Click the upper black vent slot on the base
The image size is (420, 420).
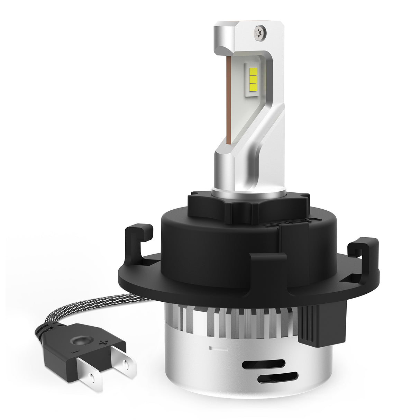[264, 364]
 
